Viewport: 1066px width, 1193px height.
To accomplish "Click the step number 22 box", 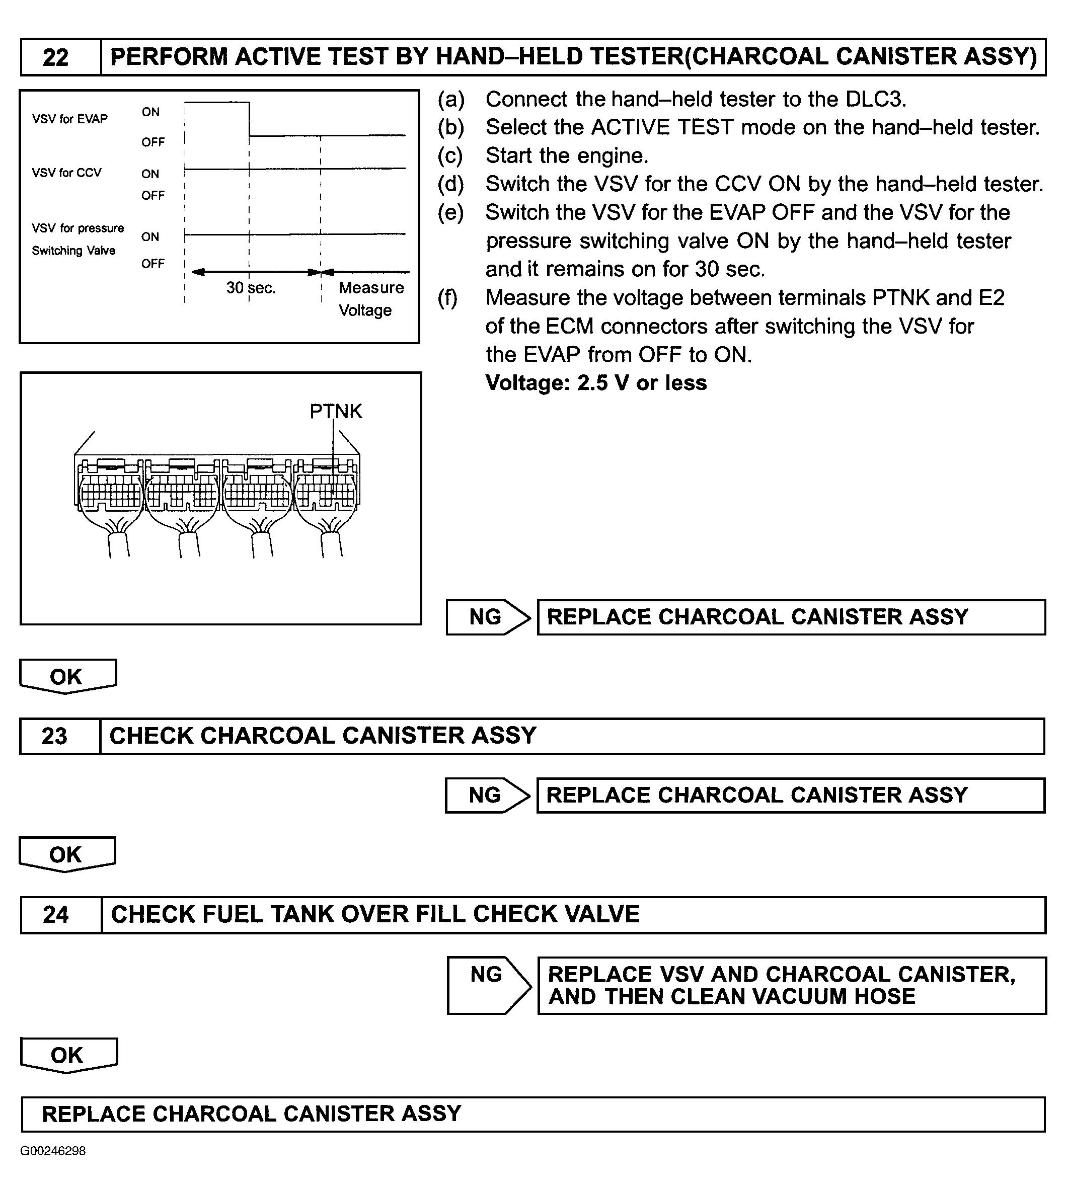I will click(56, 57).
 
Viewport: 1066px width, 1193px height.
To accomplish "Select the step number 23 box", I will click(54, 736).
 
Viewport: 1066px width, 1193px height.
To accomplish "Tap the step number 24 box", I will click(56, 914).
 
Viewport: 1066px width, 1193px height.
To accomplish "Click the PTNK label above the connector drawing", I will click(336, 411).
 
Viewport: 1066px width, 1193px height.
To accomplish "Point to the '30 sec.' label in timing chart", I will click(251, 288).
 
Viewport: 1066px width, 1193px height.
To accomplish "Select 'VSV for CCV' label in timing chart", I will click(67, 173).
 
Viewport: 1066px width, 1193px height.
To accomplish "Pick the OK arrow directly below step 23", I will click(67, 854).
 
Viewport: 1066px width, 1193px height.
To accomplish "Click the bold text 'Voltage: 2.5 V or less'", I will click(596, 383).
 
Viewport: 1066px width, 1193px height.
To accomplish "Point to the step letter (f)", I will click(448, 298).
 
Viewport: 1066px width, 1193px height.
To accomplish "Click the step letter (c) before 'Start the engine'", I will click(450, 156).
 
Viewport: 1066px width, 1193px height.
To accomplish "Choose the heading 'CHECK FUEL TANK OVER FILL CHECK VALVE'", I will click(375, 914).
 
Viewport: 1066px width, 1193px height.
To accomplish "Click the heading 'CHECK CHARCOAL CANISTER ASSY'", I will click(323, 736).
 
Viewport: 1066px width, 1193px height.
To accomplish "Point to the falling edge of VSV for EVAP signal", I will click(250, 119).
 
